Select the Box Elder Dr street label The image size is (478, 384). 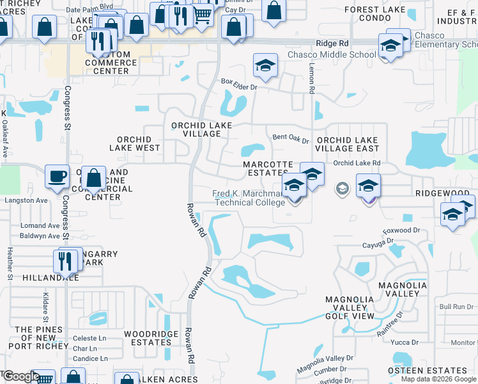click(x=238, y=82)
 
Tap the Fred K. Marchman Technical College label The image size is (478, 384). click(x=249, y=198)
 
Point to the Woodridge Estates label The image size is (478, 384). click(x=148, y=338)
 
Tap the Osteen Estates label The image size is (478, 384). click(x=436, y=371)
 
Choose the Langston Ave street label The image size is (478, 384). click(x=26, y=200)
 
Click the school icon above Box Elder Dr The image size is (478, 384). click(x=265, y=65)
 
